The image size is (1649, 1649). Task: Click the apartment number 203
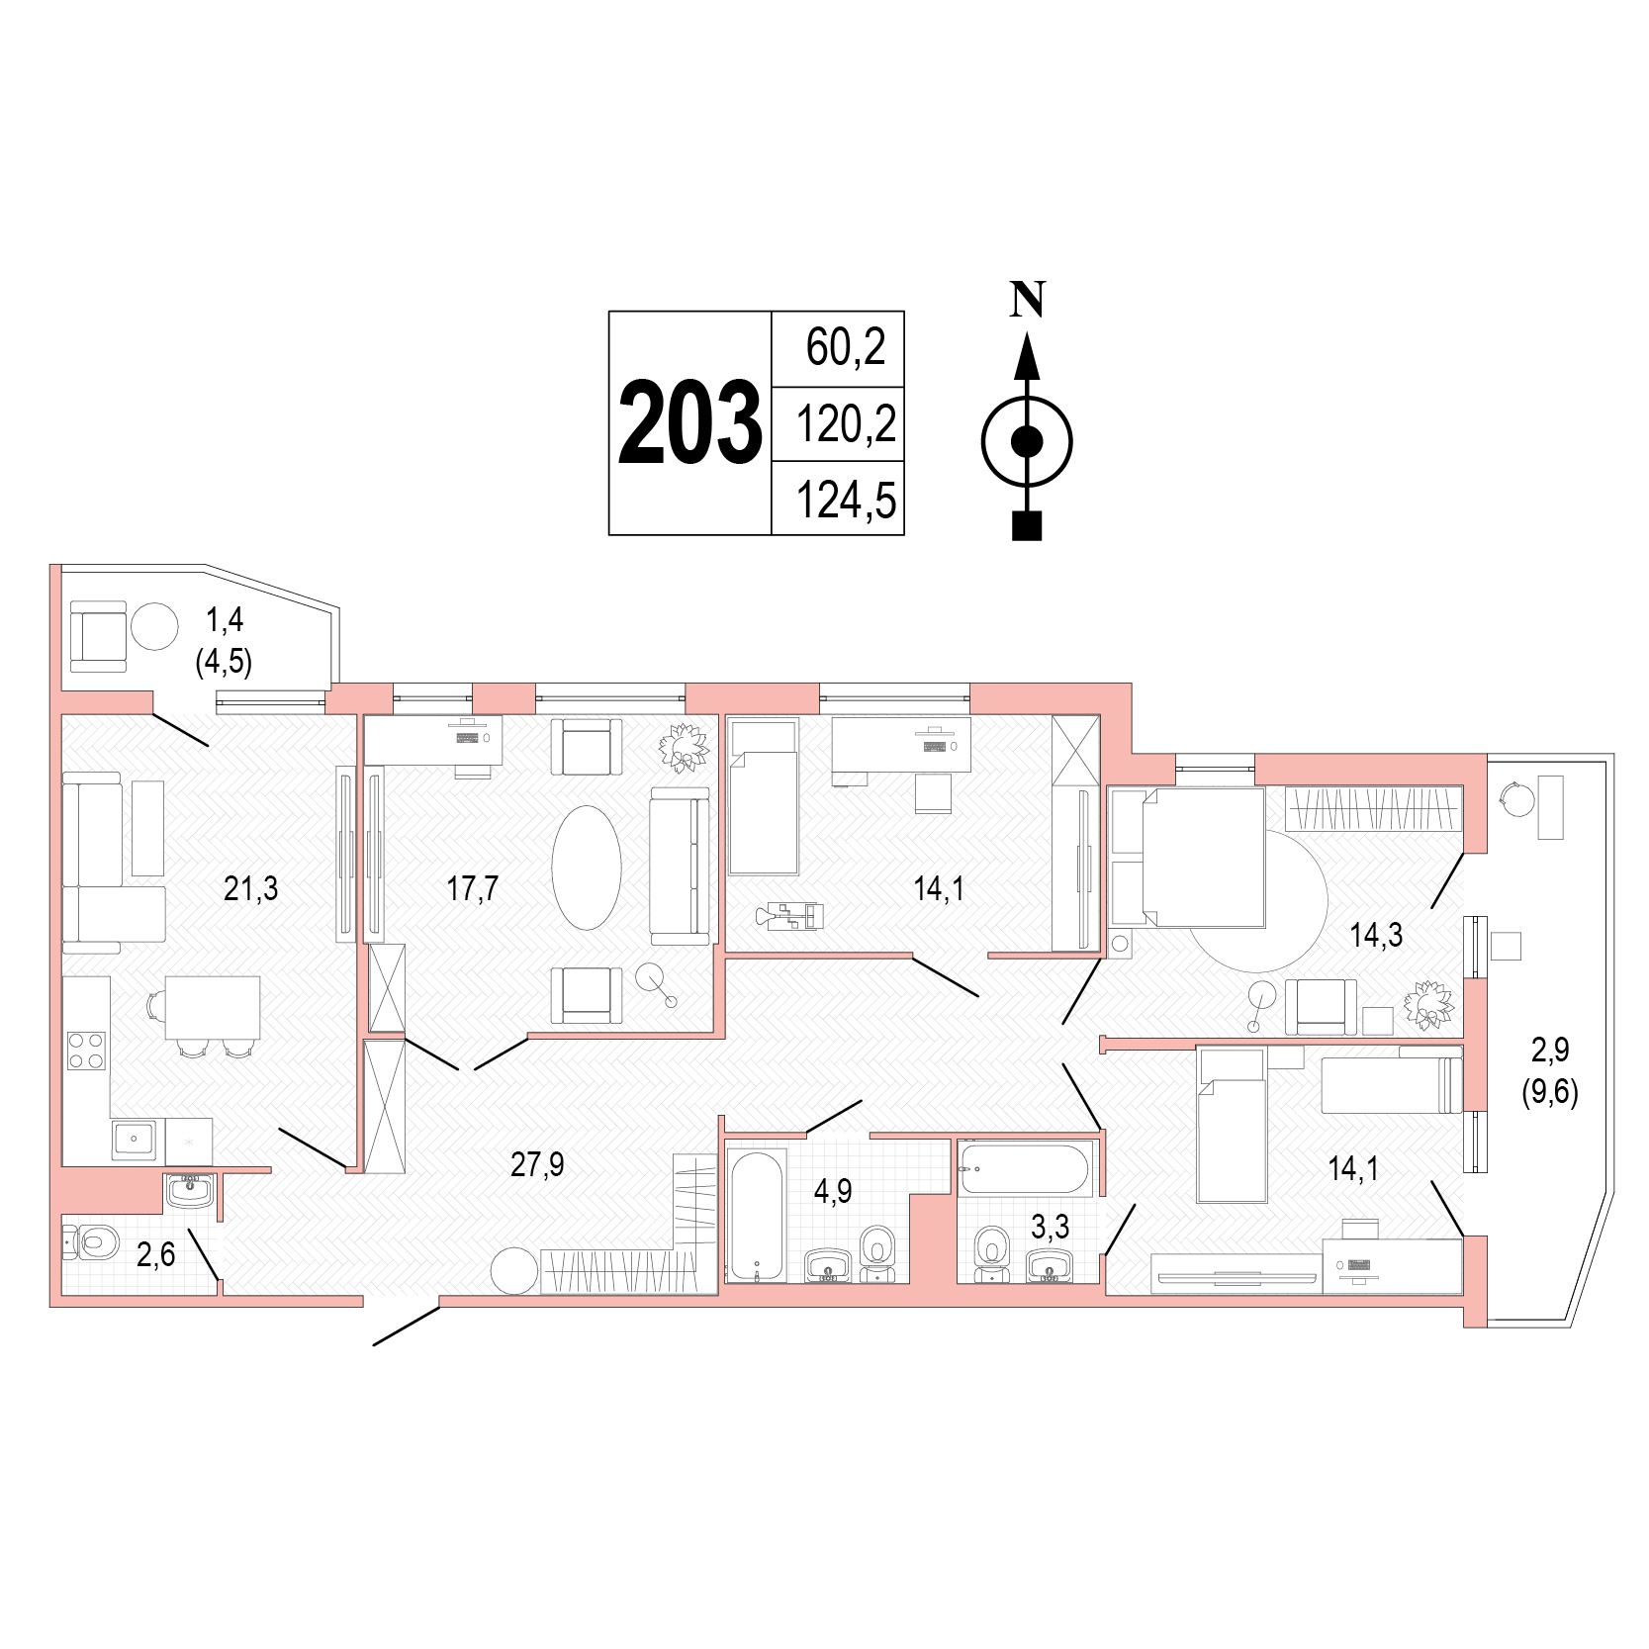point(690,423)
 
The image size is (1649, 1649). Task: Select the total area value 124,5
point(847,500)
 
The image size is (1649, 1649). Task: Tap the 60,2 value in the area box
point(846,346)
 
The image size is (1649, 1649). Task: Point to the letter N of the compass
point(1028,299)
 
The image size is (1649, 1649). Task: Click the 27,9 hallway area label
point(537,1164)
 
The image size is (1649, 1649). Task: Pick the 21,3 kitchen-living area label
point(251,888)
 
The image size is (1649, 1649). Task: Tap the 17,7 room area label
point(472,888)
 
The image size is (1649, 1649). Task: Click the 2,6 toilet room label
point(155,1254)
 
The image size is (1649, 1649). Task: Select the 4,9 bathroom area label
point(833,1191)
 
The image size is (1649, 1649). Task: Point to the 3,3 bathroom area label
point(1051,1227)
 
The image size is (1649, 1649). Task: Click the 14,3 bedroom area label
point(1376,934)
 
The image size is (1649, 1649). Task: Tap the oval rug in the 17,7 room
point(587,868)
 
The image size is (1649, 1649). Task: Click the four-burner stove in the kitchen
point(86,1051)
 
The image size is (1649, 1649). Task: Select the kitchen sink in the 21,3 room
point(137,1140)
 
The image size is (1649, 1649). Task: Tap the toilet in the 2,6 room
point(91,1240)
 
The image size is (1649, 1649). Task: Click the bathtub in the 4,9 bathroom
point(757,1216)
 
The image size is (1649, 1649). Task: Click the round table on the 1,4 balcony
point(154,625)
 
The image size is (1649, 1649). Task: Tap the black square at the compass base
point(1028,525)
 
